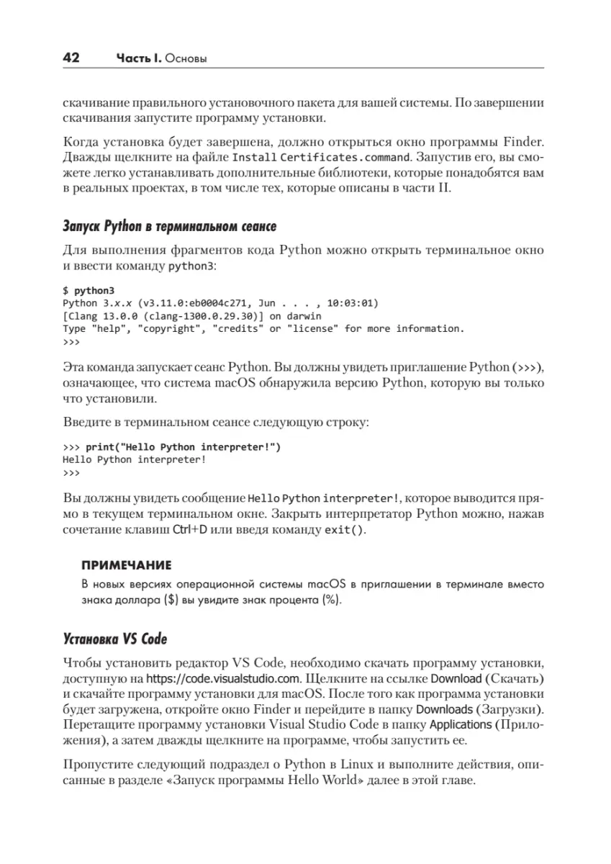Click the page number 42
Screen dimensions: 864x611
(71, 58)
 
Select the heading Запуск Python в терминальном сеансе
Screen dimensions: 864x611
(169, 228)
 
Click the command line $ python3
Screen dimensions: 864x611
(83, 290)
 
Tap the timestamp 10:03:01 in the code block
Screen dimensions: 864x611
(352, 303)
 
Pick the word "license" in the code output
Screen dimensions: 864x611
(312, 328)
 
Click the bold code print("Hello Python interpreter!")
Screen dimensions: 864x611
(183, 446)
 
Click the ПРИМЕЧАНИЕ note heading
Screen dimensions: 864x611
(126, 564)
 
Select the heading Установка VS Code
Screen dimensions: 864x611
(115, 639)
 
